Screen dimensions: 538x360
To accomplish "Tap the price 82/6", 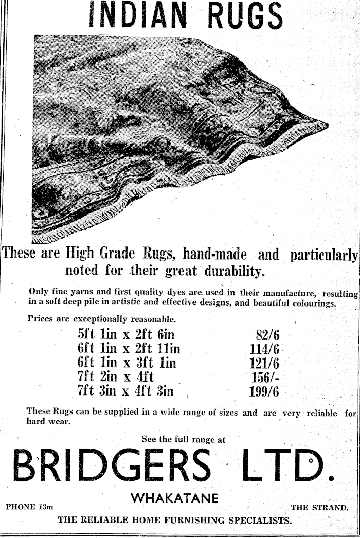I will [x=267, y=335].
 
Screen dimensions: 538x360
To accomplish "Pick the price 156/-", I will [x=264, y=377].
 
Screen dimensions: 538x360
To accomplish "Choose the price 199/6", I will [x=264, y=391].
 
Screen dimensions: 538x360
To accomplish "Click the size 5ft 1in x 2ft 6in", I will [x=126, y=335].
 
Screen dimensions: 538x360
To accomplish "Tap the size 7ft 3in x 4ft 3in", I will [x=125, y=391].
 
